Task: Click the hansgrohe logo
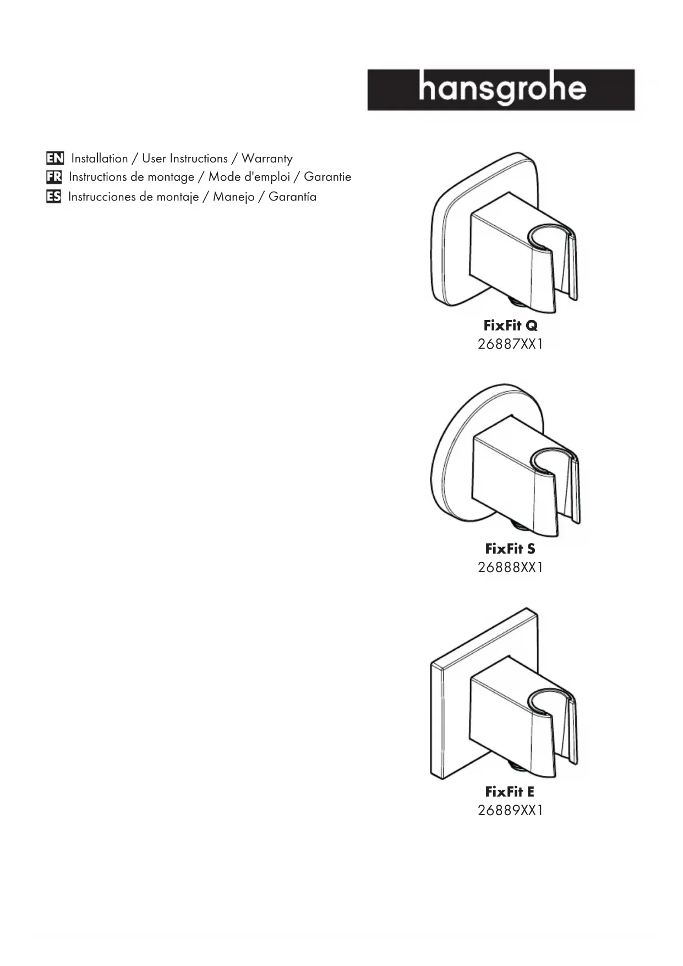tap(501, 90)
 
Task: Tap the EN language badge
tap(55, 159)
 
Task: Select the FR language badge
tap(54, 177)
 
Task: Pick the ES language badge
tap(53, 197)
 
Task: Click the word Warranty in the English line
tap(267, 159)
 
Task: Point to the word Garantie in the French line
tap(327, 177)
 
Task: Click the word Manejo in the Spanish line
tap(233, 197)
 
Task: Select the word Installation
tap(100, 159)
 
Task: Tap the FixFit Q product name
tap(510, 325)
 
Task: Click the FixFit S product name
tap(510, 549)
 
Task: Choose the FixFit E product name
tap(510, 791)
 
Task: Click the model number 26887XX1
tap(510, 344)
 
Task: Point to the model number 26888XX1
tap(510, 567)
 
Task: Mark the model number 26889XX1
tap(510, 810)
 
